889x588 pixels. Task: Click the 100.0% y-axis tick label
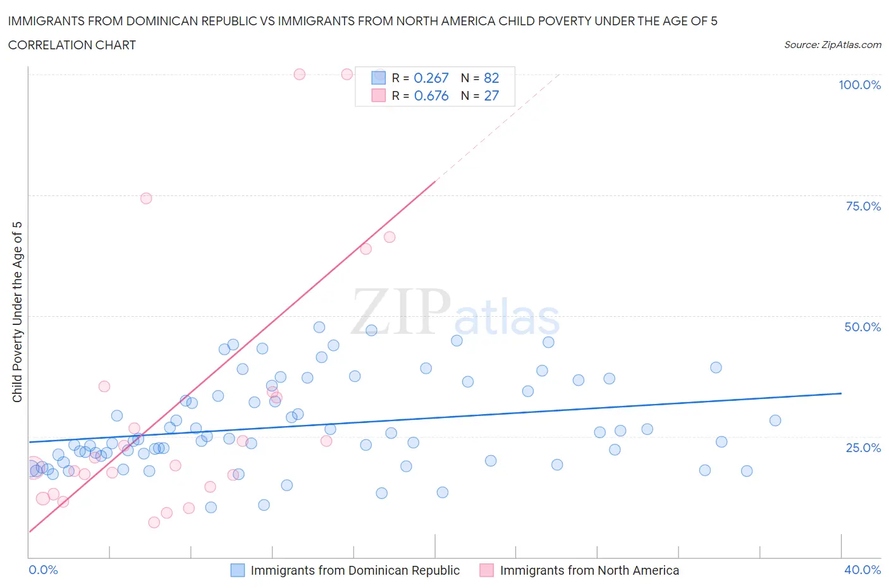click(x=859, y=85)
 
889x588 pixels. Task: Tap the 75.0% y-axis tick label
click(x=863, y=206)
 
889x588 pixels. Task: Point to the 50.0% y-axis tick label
click(x=862, y=327)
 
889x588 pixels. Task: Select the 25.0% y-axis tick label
click(x=863, y=448)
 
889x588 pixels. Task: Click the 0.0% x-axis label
click(x=43, y=570)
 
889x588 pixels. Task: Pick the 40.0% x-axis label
click(x=862, y=570)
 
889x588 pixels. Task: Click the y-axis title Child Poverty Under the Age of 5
click(x=17, y=312)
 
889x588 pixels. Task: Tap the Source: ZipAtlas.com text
click(x=832, y=45)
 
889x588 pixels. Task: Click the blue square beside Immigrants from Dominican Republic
click(x=237, y=570)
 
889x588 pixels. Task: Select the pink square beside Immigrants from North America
click(x=486, y=570)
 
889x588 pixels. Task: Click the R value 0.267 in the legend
click(x=431, y=78)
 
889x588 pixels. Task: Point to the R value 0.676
click(x=431, y=95)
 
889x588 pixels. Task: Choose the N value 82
click(x=491, y=78)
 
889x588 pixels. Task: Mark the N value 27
click(x=491, y=95)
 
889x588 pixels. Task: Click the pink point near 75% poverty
click(x=146, y=199)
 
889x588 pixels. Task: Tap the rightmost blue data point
click(x=775, y=420)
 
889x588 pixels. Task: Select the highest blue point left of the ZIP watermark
click(x=319, y=328)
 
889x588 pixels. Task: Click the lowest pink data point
click(x=154, y=522)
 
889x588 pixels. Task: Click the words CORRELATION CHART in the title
click(x=72, y=45)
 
